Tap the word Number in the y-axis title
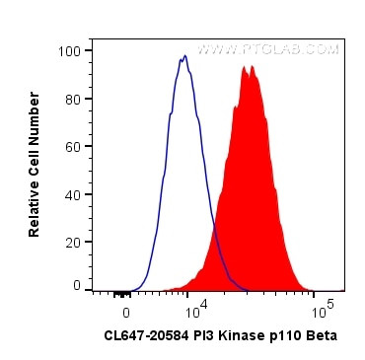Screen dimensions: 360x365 [34, 110]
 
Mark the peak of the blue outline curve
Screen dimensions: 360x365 [184, 56]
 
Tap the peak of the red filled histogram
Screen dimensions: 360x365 [252, 67]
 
